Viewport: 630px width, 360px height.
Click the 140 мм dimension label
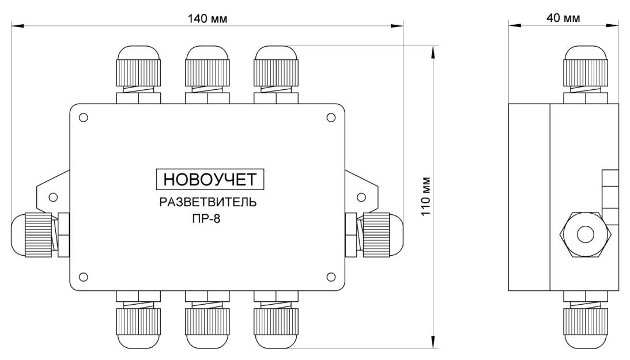(x=208, y=19)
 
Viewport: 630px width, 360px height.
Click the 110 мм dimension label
(x=426, y=196)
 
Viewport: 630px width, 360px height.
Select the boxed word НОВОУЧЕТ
(x=210, y=179)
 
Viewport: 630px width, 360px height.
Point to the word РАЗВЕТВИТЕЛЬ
(x=208, y=202)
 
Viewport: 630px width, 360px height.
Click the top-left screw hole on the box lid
(x=84, y=118)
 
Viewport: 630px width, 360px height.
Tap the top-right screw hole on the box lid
(x=331, y=117)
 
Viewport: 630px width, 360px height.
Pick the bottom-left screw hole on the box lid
(x=84, y=276)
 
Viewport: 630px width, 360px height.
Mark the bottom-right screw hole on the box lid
(x=331, y=276)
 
